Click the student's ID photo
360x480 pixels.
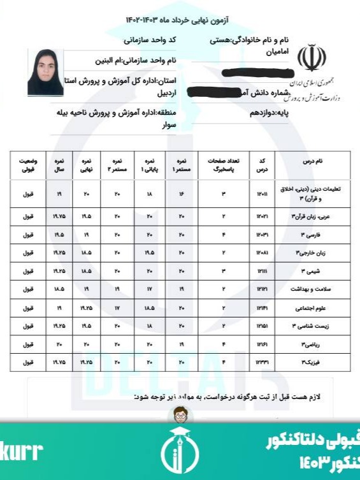pyautogui.click(x=45, y=72)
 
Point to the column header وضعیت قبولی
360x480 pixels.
pyautogui.click(x=27, y=166)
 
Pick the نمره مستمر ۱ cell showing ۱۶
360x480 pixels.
pyautogui.click(x=182, y=193)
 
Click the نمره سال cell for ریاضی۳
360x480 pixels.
pyautogui.click(x=57, y=344)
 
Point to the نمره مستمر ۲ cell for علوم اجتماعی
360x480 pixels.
pyautogui.click(x=117, y=308)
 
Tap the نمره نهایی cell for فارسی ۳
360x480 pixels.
pyautogui.click(x=87, y=235)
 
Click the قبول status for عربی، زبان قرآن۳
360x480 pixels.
pyautogui.click(x=27, y=217)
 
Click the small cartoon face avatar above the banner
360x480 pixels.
pyautogui.click(x=180, y=416)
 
